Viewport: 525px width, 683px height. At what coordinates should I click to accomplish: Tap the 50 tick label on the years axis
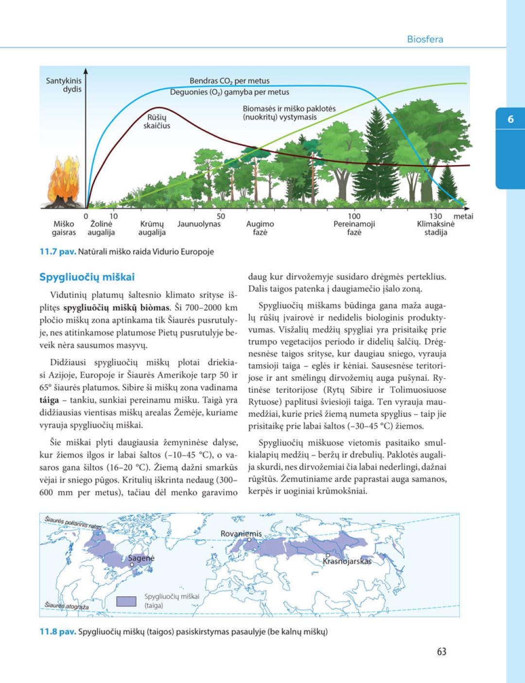coord(221,216)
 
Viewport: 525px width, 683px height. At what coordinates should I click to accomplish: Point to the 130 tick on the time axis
coord(436,216)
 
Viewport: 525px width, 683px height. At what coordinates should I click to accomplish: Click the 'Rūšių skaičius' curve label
coord(157,121)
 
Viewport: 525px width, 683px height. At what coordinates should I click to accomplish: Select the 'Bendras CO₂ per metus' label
coord(229,81)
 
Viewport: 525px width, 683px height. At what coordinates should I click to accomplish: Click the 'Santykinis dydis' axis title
coord(64,85)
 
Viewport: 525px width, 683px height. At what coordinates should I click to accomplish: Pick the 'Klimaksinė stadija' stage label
coord(436,228)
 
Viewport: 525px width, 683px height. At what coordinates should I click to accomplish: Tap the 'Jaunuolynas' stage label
coord(199,224)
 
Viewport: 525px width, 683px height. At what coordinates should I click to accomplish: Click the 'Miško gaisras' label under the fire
coord(64,228)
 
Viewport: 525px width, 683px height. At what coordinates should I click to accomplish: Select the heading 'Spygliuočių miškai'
coord(87,277)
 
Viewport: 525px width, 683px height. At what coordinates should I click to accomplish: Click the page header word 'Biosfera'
coord(425,39)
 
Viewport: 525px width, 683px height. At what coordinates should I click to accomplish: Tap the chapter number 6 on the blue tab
coord(510,119)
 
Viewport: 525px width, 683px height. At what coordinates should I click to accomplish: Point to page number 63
coord(441,652)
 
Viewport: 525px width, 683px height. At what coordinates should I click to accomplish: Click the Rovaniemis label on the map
coord(241,534)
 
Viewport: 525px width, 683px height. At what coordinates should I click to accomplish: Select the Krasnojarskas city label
coord(347,561)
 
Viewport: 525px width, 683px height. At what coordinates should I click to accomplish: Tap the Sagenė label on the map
coord(141,558)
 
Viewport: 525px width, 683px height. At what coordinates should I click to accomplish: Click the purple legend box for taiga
coord(126,601)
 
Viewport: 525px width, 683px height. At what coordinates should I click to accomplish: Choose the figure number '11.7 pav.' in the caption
coord(57,252)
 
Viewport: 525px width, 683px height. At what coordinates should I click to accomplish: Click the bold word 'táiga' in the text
coord(49,400)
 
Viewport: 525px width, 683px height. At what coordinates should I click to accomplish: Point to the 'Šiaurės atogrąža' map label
coord(67,606)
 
